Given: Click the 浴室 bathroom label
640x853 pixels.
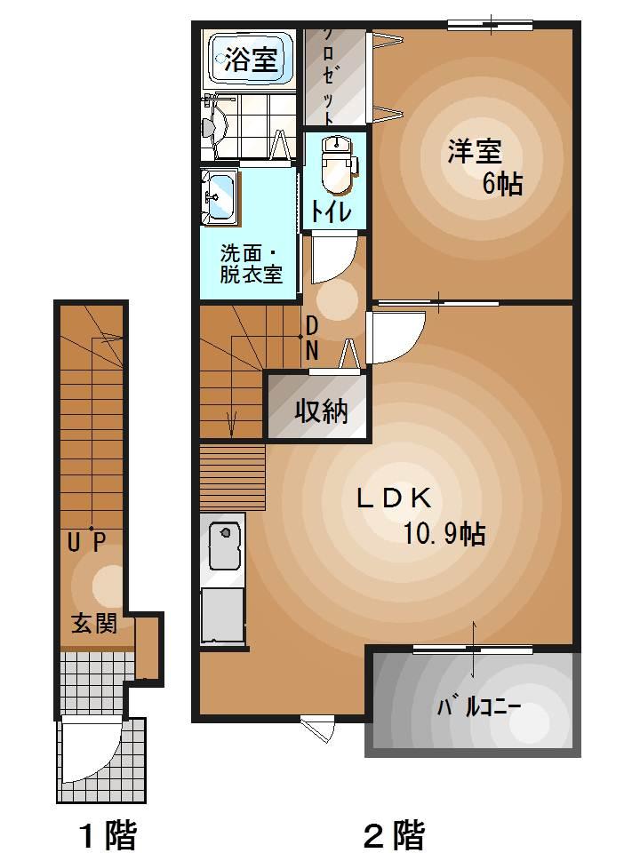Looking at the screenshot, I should coord(251,60).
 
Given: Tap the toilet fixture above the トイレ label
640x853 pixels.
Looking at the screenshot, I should coord(337,164).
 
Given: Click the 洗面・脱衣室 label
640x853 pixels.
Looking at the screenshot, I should coord(252,263).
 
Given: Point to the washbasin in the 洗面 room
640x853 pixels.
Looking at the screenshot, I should coord(219,196).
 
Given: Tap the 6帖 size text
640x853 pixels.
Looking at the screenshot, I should coord(502,184).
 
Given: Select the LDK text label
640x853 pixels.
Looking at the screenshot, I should coord(394,498).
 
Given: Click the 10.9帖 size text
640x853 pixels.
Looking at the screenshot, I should coord(444,533).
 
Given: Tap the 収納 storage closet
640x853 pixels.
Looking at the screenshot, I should coord(321,411).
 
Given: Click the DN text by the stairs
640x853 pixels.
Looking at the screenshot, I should coord(312,339).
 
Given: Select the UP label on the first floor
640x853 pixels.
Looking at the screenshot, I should coord(87,541).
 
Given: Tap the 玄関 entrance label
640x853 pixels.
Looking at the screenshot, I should coord(93,624).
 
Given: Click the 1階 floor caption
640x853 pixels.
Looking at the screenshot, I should coord(108,834).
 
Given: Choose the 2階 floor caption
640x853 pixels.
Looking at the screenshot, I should coord(394,834).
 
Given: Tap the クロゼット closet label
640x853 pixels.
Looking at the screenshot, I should coord(328,76).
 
